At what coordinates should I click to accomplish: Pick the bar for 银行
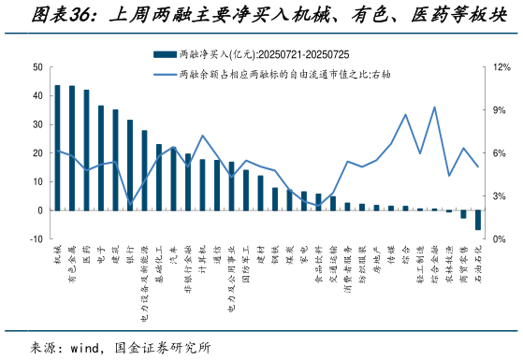click(130, 165)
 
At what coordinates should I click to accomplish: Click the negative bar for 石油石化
click(478, 220)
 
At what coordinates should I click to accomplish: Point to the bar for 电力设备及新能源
click(145, 170)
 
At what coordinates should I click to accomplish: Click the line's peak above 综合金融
click(434, 107)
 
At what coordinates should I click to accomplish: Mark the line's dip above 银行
click(130, 202)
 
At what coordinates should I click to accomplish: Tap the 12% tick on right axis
click(501, 67)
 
